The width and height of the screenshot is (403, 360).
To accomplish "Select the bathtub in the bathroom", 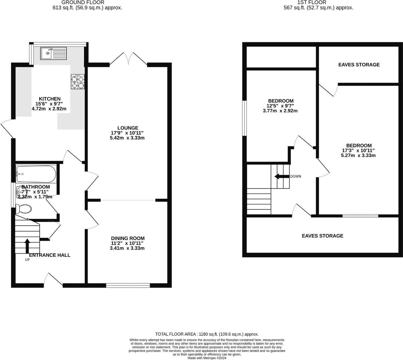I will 36,174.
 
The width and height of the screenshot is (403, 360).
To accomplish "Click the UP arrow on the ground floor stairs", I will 27,246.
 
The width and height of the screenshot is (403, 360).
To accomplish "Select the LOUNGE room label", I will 128,128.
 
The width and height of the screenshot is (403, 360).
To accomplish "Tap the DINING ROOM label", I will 128,238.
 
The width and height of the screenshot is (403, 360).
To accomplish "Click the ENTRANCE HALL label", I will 50,255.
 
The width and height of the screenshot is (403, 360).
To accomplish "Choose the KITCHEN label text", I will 50,99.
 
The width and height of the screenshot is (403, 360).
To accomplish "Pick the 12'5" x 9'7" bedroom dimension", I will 280,106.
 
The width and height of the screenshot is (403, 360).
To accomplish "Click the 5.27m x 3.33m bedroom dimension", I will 358,155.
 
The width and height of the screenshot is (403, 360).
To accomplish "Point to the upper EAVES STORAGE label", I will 359,65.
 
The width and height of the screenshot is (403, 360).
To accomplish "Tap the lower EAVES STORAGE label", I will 322,236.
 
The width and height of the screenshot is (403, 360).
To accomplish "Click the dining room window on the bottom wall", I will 128,285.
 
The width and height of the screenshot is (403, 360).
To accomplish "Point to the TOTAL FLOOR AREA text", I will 207,334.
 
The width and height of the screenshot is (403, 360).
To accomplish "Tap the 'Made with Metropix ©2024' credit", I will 207,358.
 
